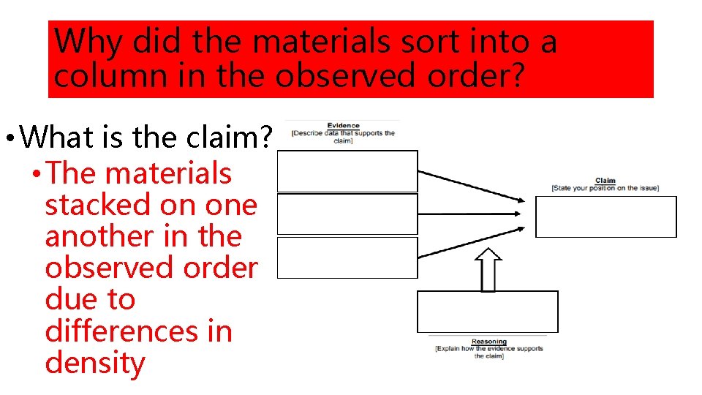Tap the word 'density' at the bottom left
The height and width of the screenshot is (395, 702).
coord(95,363)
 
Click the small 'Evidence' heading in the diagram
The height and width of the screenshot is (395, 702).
coord(343,126)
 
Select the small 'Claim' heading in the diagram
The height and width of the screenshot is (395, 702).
coord(605,180)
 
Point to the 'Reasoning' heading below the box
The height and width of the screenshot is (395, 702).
coord(488,342)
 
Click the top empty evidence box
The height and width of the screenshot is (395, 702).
coord(347,171)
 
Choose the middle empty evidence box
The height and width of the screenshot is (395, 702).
coord(347,214)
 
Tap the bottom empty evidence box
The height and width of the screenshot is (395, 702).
coord(347,257)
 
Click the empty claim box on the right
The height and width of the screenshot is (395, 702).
coord(606,217)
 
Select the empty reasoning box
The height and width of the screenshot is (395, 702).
coord(487,312)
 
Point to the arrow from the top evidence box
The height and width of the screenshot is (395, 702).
coord(472,186)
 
